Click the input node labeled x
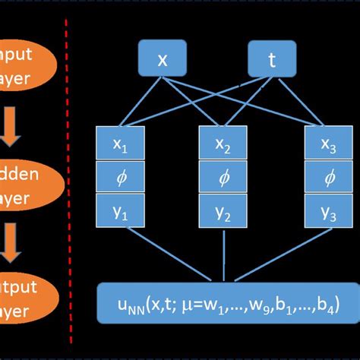click(x=162, y=61)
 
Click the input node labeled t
click(x=272, y=61)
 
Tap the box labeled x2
click(x=223, y=144)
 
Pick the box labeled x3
click(x=328, y=144)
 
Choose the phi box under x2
click(x=223, y=177)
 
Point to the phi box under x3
click(x=328, y=177)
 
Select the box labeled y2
click(x=223, y=210)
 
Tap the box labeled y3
click(x=328, y=210)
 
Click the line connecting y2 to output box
click(x=223, y=254)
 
